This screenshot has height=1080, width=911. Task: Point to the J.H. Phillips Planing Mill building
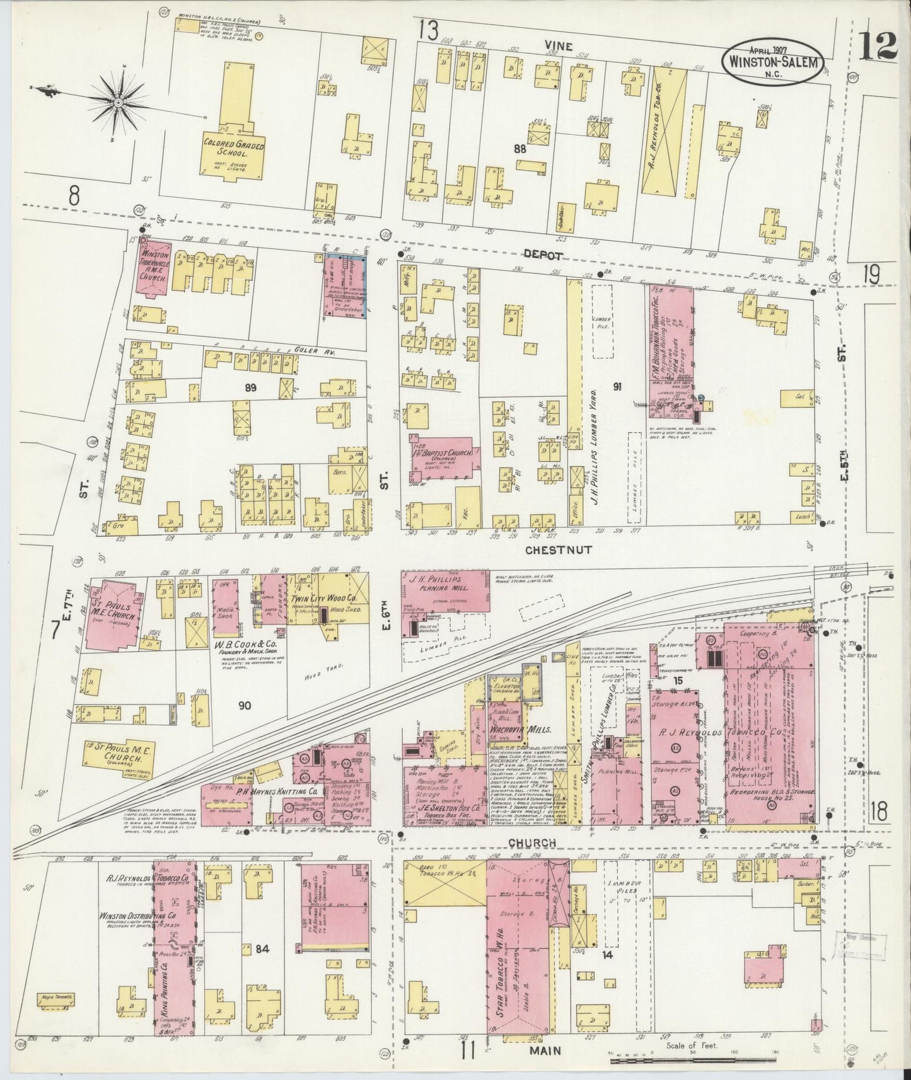click(445, 591)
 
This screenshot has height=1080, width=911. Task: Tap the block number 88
click(519, 149)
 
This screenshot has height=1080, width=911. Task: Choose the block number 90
click(244, 705)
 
